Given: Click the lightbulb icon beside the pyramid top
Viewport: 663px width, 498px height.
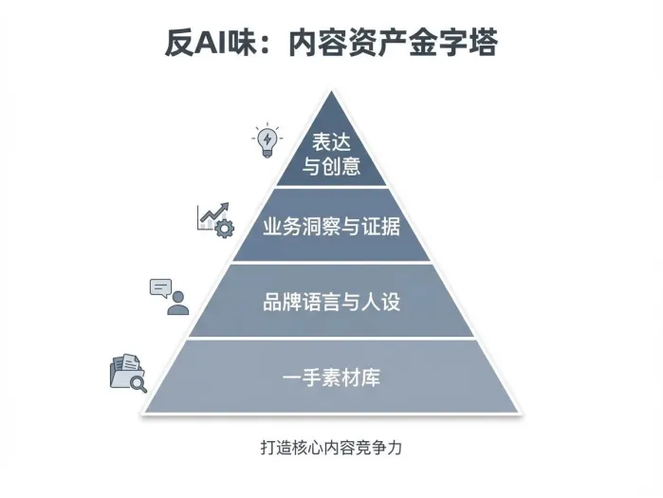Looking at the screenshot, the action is click(267, 140).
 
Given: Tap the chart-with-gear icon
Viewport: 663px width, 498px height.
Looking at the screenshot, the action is click(215, 219).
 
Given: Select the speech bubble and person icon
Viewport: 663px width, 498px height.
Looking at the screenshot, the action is click(169, 296).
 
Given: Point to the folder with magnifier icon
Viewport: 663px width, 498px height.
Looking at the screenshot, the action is click(128, 372).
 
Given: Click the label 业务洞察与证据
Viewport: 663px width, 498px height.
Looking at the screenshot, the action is click(331, 228).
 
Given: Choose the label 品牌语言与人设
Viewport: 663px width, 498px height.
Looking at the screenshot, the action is click(331, 303).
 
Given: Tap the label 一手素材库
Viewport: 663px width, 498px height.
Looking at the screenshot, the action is click(331, 378).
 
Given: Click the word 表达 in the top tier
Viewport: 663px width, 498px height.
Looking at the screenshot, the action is click(331, 142).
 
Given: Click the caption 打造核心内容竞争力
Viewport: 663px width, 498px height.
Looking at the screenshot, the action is click(331, 446).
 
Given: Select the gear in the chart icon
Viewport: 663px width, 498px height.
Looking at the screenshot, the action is click(224, 228).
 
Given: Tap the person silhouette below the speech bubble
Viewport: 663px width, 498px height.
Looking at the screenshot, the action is click(177, 304).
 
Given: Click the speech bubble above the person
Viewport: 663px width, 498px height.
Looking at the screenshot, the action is click(161, 286).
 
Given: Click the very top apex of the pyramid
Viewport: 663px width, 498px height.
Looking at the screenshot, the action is click(331, 92).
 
